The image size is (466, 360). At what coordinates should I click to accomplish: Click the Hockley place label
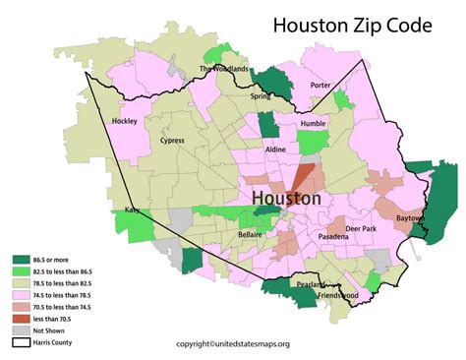(125, 121)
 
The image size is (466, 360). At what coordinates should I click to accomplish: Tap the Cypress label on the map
(171, 141)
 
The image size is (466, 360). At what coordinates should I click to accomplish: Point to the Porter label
(320, 86)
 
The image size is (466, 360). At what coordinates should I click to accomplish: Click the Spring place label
(261, 96)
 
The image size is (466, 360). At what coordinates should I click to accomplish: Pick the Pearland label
(285, 284)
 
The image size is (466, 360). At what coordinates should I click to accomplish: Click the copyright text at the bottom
(233, 344)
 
